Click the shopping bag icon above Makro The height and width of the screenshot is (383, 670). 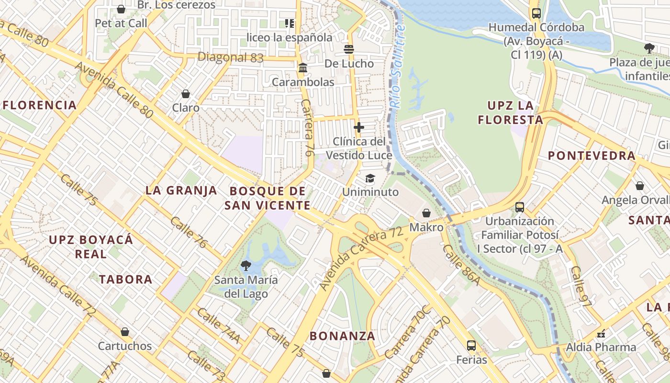click(x=426, y=213)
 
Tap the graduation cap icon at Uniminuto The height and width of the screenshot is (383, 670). click(x=370, y=179)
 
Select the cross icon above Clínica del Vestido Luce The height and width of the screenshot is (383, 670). click(x=358, y=127)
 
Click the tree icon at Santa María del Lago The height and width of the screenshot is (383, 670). click(x=246, y=265)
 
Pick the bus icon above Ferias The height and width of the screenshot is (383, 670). click(x=471, y=345)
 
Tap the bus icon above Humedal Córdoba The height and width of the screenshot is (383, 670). click(x=536, y=13)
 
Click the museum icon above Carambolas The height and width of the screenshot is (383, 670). click(x=302, y=68)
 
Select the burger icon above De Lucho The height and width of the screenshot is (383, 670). click(x=349, y=49)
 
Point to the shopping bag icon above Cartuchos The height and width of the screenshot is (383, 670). click(x=124, y=332)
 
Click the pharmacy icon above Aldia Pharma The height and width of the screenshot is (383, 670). click(x=601, y=333)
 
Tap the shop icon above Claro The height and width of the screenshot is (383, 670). click(x=186, y=94)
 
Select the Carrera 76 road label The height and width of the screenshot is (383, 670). click(x=307, y=127)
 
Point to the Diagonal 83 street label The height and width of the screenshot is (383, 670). click(x=230, y=57)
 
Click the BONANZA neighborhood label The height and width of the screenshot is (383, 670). click(x=342, y=336)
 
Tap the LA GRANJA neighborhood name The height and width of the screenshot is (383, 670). click(x=181, y=191)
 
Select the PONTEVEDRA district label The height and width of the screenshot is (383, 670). click(x=592, y=156)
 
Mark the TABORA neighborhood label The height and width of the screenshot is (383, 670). click(x=125, y=280)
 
